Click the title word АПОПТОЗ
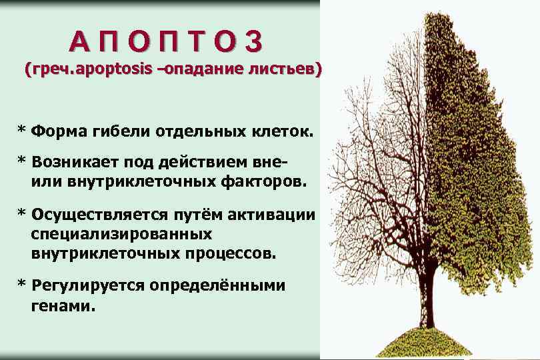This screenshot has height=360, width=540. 167,41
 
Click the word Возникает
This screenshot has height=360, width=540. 70,162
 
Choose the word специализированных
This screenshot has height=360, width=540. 121,235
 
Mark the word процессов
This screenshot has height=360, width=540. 233,253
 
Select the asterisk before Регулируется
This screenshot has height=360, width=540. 21,285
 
